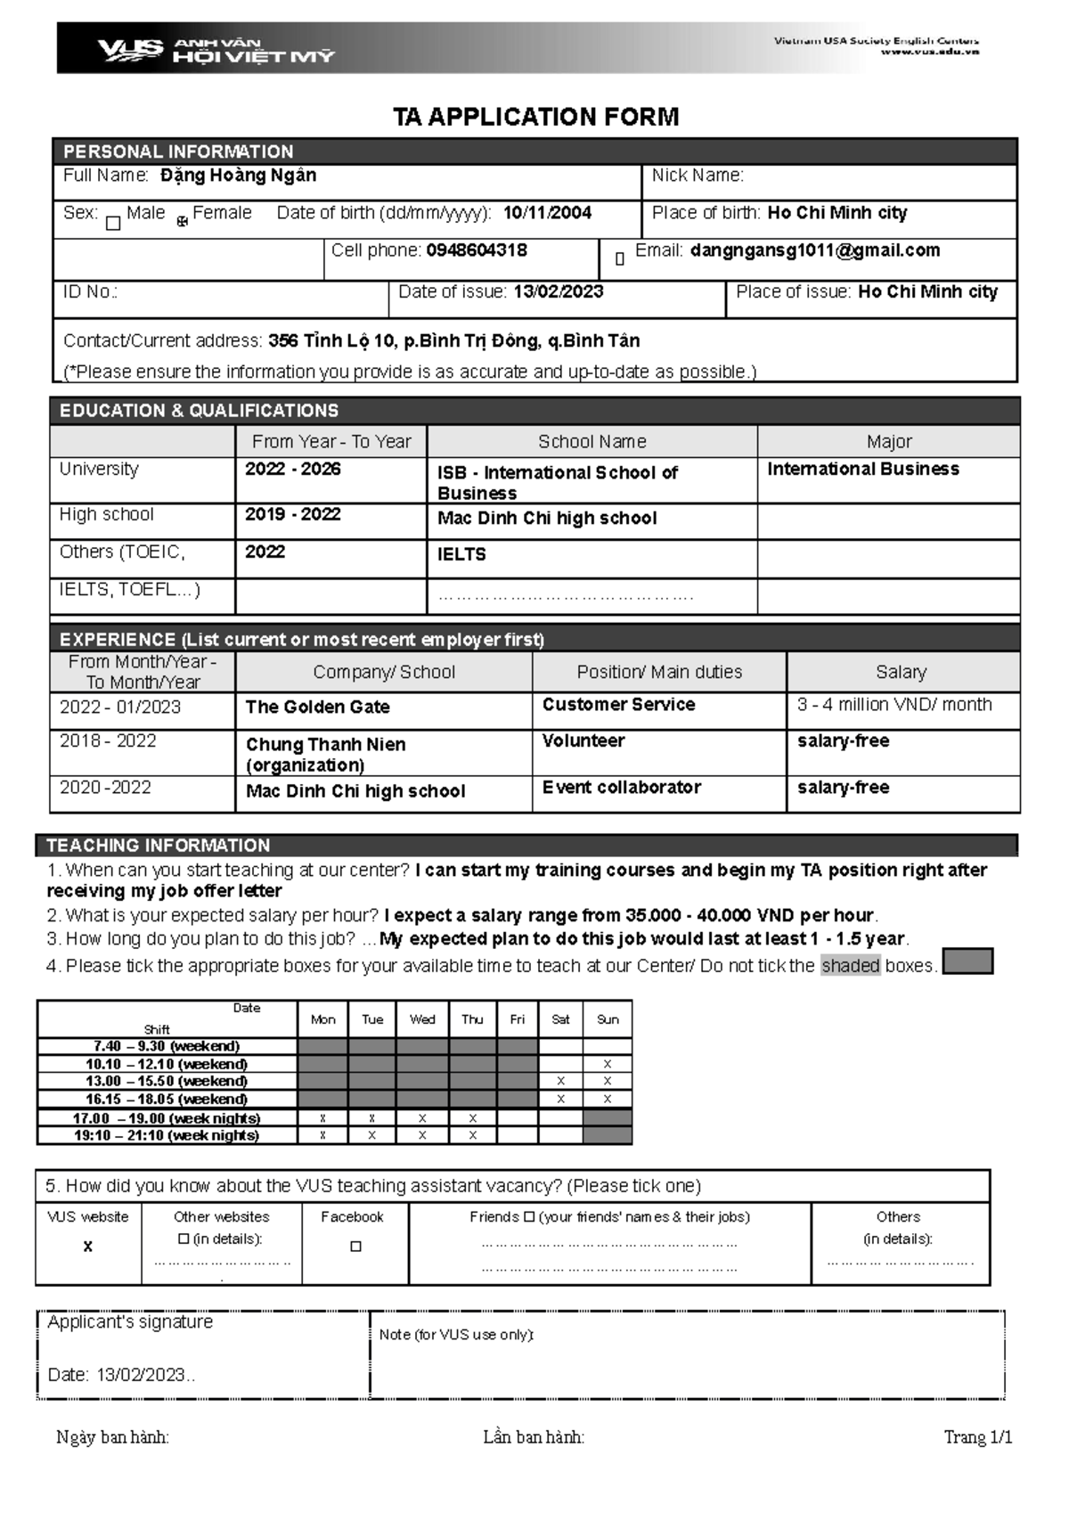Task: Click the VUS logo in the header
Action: (x=130, y=49)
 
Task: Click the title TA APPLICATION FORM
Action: (x=535, y=117)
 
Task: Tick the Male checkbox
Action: (x=113, y=223)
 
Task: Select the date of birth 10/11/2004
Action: (x=547, y=213)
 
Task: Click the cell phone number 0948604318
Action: (x=477, y=250)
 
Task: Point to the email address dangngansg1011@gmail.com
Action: (x=814, y=250)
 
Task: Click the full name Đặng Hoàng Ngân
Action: (x=238, y=176)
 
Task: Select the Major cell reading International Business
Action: (x=862, y=470)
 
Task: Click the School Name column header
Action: (x=592, y=442)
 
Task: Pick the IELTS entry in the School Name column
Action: (x=461, y=554)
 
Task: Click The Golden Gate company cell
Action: (x=318, y=707)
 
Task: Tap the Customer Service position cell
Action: (x=618, y=705)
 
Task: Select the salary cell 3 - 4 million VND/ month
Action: (x=894, y=705)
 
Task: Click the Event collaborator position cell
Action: (x=621, y=788)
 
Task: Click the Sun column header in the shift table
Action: (x=608, y=1019)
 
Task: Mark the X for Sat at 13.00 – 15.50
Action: (x=560, y=1081)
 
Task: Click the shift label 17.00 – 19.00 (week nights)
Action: (x=167, y=1118)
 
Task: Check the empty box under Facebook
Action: (x=355, y=1247)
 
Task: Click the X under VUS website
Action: (x=87, y=1247)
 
